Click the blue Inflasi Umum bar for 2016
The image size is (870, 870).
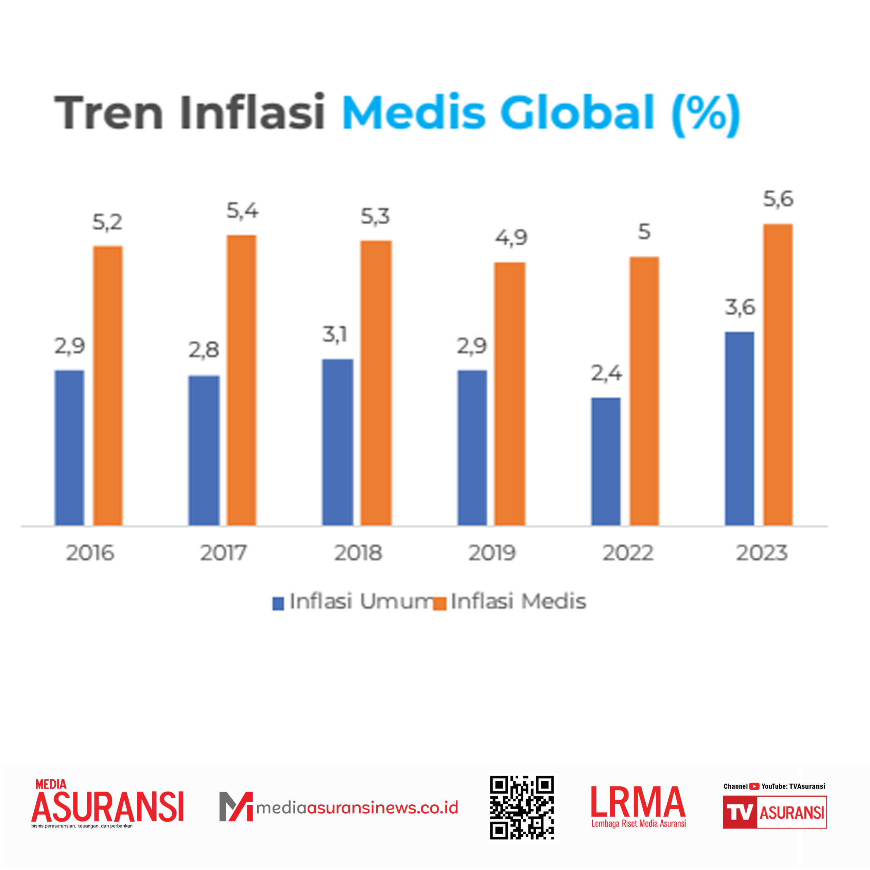[x=69, y=448]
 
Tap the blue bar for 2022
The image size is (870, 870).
[x=606, y=461]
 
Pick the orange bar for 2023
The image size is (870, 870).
[x=778, y=375]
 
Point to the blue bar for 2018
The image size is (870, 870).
[x=338, y=442]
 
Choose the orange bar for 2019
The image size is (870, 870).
[x=510, y=394]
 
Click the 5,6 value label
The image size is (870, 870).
[x=778, y=199]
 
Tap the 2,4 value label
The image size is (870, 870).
[x=606, y=373]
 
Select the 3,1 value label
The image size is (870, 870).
[x=335, y=335]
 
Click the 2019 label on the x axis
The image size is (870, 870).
[x=492, y=553]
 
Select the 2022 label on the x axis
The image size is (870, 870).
[x=628, y=553]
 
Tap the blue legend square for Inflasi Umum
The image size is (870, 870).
[x=278, y=604]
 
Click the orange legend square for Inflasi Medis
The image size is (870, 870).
[x=439, y=604]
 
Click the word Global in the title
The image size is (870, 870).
[x=577, y=112]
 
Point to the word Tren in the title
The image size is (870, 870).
[x=108, y=112]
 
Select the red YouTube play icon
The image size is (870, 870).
[x=754, y=786]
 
